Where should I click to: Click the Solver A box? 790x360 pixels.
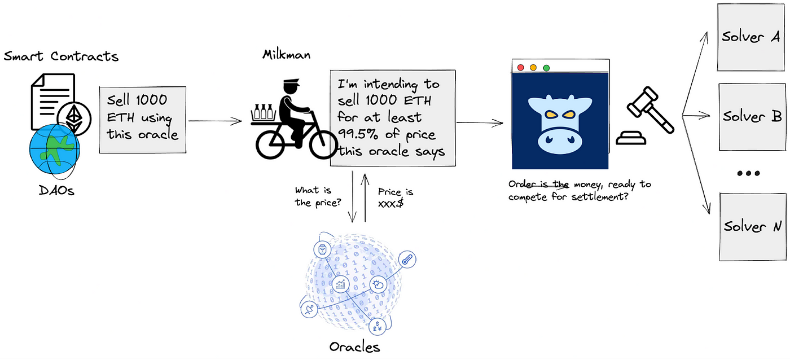751,37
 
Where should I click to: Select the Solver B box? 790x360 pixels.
751,116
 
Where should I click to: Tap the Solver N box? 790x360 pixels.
751,226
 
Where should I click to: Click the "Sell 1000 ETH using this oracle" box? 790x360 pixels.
143,120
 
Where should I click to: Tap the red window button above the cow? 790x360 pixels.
520,68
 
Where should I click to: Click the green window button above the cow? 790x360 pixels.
546,68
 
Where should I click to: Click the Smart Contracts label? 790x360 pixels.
61,56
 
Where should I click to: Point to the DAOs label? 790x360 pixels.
56,191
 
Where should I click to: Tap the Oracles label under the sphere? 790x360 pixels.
354,346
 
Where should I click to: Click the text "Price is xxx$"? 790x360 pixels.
392,197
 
